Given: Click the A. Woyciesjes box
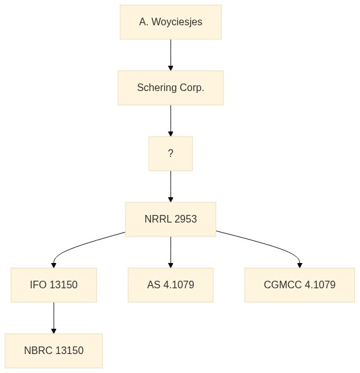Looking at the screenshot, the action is point(171,22).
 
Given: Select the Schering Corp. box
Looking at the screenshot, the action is point(171,88).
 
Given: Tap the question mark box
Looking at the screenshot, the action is point(171,154).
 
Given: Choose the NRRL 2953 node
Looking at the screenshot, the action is point(171,219).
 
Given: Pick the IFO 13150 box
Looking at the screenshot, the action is point(54,285).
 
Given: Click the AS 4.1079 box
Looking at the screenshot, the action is point(171,285).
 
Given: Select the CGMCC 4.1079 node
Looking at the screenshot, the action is point(299,285).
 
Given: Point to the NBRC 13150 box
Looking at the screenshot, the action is point(54,351).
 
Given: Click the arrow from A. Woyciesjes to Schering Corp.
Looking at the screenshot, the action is point(171,55).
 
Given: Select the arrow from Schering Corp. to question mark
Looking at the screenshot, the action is point(171,121).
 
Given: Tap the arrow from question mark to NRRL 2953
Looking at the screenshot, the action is point(171,186).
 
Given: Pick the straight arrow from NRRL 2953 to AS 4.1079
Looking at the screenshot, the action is point(171,252).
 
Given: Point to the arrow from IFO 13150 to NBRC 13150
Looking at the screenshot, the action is point(54,318).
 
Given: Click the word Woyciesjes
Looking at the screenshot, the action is point(177,22).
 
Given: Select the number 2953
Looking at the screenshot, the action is point(185,219).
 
